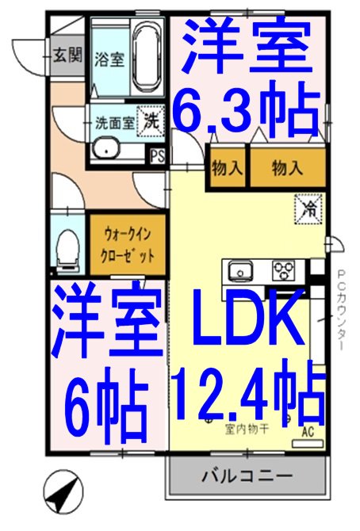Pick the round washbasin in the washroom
tap(104, 149)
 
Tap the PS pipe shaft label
tap(159, 155)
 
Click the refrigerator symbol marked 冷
tap(309, 208)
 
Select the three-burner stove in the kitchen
tap(283, 272)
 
